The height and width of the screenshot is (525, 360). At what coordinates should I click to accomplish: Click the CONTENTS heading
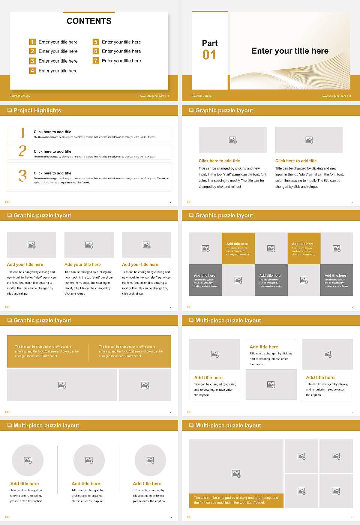tap(89, 21)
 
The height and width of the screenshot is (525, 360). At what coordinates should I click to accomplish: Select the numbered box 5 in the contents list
tap(96, 42)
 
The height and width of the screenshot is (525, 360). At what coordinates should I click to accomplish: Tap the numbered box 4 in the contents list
tap(32, 70)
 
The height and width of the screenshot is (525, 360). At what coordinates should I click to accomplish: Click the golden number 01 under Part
tap(209, 55)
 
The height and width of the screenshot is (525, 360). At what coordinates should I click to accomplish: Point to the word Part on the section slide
tap(210, 43)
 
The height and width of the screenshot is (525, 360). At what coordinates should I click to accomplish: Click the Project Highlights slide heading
tap(37, 110)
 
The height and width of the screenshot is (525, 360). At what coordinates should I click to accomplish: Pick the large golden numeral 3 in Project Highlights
tap(22, 175)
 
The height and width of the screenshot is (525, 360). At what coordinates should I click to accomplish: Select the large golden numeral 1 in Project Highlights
tap(22, 133)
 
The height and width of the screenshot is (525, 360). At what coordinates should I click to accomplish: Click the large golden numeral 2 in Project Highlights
tap(22, 151)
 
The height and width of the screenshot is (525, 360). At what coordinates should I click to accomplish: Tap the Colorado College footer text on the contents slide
tap(19, 96)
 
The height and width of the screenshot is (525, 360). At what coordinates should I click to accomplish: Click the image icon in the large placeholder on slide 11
tap(236, 474)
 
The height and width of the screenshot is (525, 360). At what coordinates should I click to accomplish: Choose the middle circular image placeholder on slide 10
tap(89, 460)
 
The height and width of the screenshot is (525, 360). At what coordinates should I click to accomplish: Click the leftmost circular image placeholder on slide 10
tap(28, 460)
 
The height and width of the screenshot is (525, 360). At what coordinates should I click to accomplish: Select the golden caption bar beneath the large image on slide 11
tap(236, 500)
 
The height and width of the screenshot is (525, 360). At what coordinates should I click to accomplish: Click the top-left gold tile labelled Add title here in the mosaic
tap(238, 248)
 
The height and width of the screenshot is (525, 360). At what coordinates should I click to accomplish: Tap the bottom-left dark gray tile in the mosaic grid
tap(205, 280)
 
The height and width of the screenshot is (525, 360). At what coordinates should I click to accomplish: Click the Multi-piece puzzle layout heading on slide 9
tap(228, 320)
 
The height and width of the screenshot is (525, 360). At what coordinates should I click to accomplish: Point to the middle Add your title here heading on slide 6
tap(82, 264)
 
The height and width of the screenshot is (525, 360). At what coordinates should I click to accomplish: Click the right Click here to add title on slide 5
tap(296, 161)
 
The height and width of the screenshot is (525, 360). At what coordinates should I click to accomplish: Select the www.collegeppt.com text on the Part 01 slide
tap(334, 96)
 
